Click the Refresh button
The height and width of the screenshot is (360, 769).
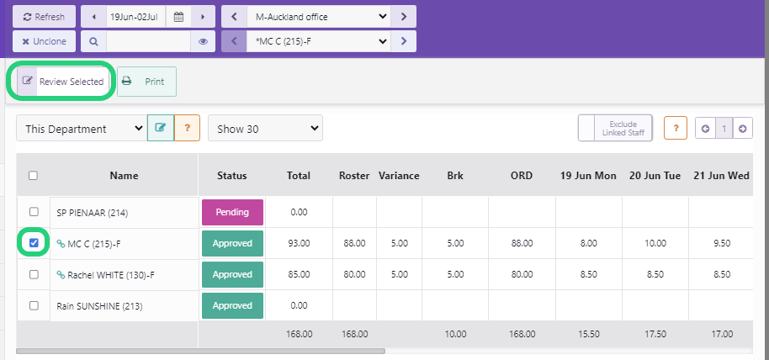click(x=44, y=17)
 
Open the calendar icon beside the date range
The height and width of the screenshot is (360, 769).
click(x=178, y=17)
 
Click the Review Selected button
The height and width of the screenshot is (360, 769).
click(x=62, y=82)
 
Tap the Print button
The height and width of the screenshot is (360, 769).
click(x=146, y=82)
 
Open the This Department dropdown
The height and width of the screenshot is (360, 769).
click(x=81, y=129)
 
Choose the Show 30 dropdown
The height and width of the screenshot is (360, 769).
click(x=265, y=129)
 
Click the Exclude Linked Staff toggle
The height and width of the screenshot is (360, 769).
click(x=615, y=128)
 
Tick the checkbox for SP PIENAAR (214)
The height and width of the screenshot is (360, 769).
click(x=34, y=212)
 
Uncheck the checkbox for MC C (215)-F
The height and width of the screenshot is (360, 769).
click(x=34, y=243)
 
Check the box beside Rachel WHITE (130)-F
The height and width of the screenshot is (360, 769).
click(x=34, y=274)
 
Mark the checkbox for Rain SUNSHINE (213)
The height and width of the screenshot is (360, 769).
click(x=34, y=305)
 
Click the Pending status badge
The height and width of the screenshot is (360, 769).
click(x=232, y=212)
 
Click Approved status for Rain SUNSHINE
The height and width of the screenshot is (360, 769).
click(x=232, y=305)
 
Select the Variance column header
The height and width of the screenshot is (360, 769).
click(x=399, y=176)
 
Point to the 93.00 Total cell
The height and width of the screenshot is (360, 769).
click(x=299, y=243)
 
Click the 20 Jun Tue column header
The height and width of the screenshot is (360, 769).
click(x=655, y=176)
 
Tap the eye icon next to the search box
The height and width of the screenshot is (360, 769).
click(x=203, y=40)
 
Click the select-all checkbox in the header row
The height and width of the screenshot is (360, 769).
click(x=34, y=176)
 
